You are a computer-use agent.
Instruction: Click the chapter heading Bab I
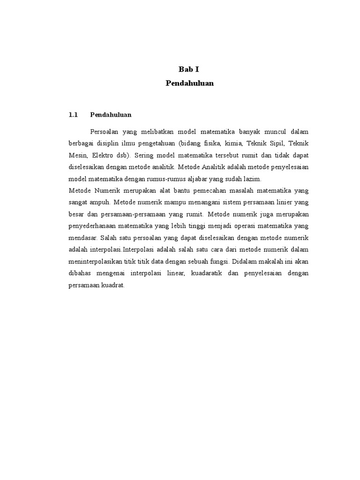pyautogui.click(x=189, y=69)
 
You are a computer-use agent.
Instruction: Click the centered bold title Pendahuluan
pyautogui.click(x=189, y=83)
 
